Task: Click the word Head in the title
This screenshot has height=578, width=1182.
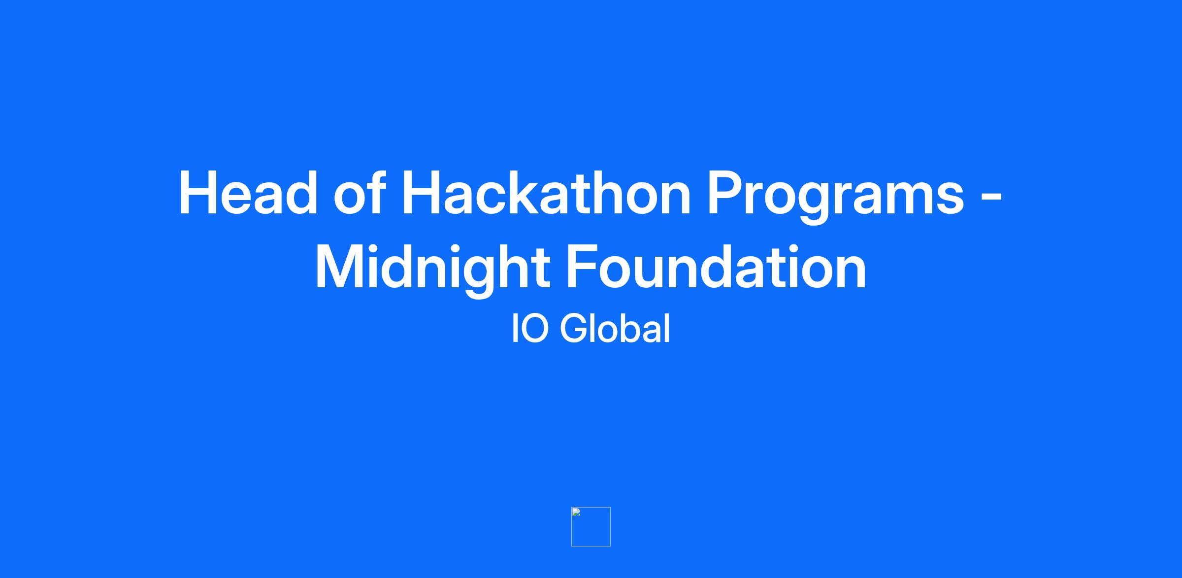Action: tap(248, 193)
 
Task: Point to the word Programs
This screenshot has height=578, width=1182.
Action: tap(836, 197)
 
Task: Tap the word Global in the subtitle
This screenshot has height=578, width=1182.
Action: tap(615, 329)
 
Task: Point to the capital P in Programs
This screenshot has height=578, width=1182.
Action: tap(727, 193)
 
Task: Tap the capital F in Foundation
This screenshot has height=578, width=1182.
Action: tap(584, 267)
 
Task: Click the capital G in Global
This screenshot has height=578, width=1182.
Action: tap(574, 329)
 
